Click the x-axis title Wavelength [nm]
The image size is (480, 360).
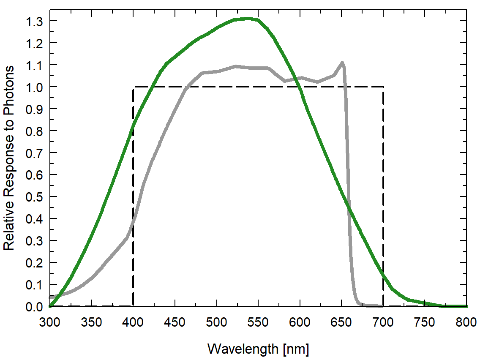(x=258, y=349)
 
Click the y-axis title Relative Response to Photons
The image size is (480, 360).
(x=9, y=157)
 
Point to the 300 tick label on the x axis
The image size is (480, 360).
(x=50, y=322)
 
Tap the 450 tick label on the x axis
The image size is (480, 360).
(x=175, y=322)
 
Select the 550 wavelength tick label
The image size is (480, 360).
(x=258, y=322)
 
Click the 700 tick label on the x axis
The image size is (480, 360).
(x=383, y=322)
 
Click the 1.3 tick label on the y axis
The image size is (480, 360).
(x=35, y=21)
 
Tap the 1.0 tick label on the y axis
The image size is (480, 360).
(x=35, y=87)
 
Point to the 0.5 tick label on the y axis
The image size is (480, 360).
(x=35, y=197)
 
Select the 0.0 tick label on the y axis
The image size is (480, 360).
(x=35, y=307)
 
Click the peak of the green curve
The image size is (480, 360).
(x=248, y=18)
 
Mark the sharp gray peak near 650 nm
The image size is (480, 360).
(x=342, y=63)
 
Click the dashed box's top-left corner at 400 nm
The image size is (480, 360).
(x=134, y=87)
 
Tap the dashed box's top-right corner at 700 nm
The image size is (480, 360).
(x=383, y=87)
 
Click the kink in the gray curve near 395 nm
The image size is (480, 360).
(x=127, y=237)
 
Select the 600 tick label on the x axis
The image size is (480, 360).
(x=300, y=322)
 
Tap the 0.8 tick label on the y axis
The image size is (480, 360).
(x=35, y=131)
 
